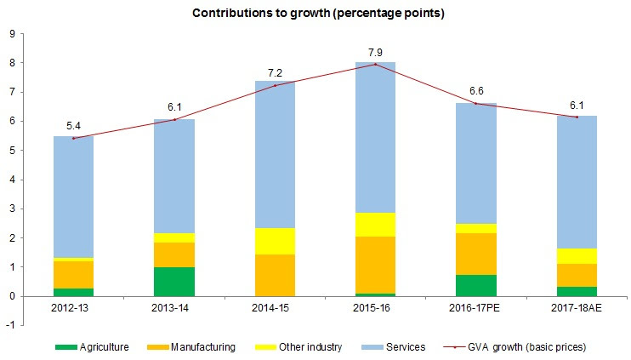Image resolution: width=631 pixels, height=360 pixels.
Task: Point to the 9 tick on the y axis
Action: pos(13,34)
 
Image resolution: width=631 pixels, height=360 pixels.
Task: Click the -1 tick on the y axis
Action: pos(11,326)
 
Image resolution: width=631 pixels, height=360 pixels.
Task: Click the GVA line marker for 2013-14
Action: pos(175,119)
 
